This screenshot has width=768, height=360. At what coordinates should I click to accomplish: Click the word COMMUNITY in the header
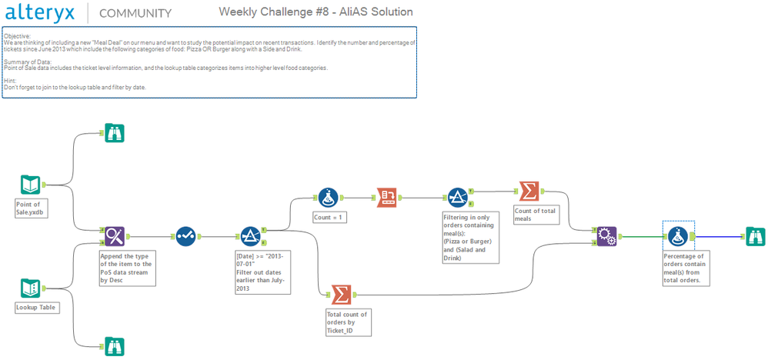pyautogui.click(x=135, y=13)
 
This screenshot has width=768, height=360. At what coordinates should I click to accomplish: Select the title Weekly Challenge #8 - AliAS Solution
pyautogui.click(x=316, y=12)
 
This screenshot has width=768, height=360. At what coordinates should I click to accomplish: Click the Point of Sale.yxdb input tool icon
pyautogui.click(x=30, y=185)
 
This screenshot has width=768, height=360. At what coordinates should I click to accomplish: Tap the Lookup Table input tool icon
pyautogui.click(x=30, y=288)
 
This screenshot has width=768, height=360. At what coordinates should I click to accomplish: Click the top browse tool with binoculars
pyautogui.click(x=114, y=133)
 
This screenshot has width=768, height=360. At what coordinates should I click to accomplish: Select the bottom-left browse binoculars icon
pyautogui.click(x=114, y=345)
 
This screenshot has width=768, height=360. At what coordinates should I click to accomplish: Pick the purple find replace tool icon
pyautogui.click(x=114, y=236)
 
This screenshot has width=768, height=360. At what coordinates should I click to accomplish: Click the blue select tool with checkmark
pyautogui.click(x=186, y=236)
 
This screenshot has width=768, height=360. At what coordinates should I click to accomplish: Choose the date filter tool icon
pyautogui.click(x=250, y=236)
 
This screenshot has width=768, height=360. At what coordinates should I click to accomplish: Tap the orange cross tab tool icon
pyautogui.click(x=387, y=198)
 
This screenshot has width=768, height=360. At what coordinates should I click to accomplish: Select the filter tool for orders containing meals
pyautogui.click(x=457, y=198)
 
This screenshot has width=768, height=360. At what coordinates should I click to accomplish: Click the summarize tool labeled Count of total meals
pyautogui.click(x=529, y=191)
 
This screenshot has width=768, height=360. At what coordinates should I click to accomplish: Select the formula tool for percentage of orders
pyautogui.click(x=678, y=236)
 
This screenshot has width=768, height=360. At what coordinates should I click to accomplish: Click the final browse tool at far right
pyautogui.click(x=754, y=236)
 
